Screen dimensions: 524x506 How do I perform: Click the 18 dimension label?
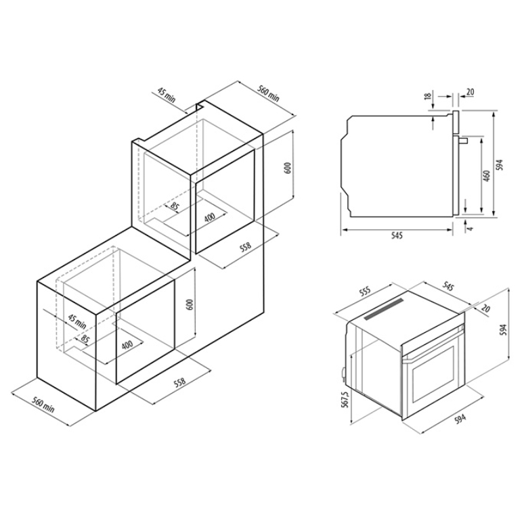coord(427,96)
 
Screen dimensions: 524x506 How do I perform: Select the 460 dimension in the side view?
coord(487,176)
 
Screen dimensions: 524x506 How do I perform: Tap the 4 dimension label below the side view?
coord(471,229)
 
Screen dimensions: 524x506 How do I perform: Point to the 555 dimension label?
coord(366,293)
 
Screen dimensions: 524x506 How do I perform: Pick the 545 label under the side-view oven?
coord(397,236)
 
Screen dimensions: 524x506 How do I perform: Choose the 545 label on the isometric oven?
coord(448,286)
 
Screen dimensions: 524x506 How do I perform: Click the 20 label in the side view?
coord(470,91)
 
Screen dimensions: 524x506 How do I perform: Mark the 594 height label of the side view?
coord(499,165)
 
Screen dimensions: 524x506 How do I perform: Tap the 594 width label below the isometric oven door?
coord(460,418)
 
